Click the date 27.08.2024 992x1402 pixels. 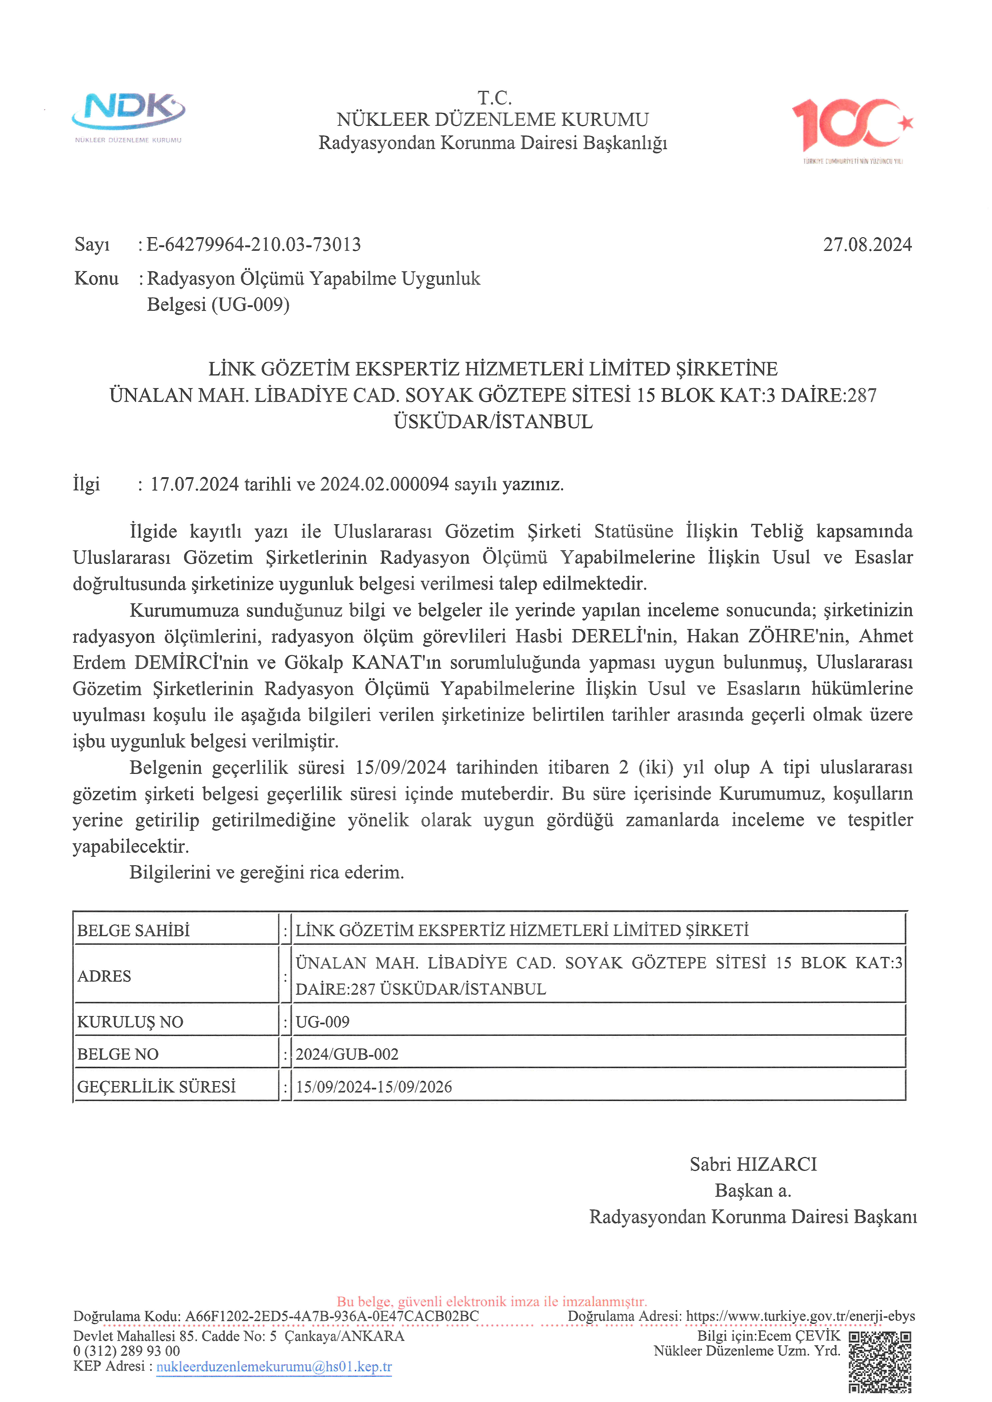tap(867, 245)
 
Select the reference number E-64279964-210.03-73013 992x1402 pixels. tap(253, 245)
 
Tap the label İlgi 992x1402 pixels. tap(86, 484)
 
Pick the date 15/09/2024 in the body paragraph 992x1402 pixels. tap(401, 768)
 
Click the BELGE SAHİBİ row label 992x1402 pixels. tap(133, 931)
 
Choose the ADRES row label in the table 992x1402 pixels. tap(104, 976)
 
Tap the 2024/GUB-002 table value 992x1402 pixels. tap(347, 1055)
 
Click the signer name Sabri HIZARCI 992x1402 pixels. tap(753, 1165)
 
